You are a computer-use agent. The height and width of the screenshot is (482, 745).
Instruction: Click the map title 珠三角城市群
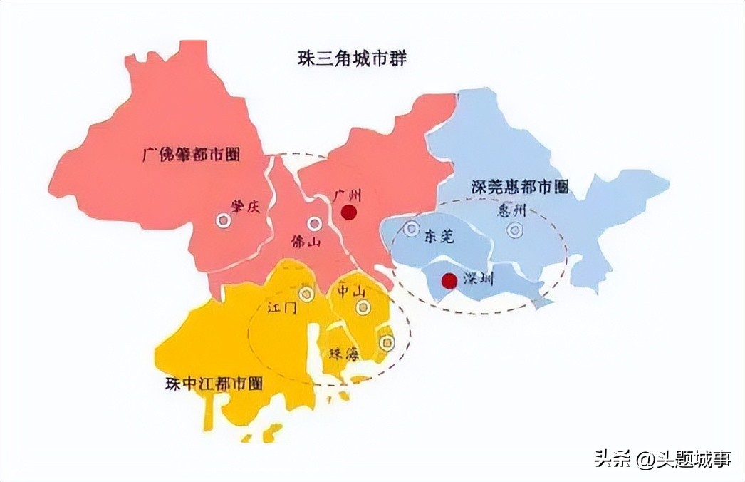coord(352,59)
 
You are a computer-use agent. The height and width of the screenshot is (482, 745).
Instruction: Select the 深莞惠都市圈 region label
coord(520,188)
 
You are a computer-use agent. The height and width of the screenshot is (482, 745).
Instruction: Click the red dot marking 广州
coord(348,212)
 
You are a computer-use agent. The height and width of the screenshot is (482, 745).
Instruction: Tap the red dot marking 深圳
coord(449,281)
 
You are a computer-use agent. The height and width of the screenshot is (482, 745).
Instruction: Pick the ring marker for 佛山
coord(314,223)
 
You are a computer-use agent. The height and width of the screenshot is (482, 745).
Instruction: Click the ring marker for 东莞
coord(411,229)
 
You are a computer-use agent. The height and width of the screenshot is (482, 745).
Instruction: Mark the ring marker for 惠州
coord(514,230)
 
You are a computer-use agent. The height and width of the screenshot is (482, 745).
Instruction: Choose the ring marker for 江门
coord(306,294)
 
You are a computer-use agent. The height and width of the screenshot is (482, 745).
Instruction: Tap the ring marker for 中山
coord(363,307)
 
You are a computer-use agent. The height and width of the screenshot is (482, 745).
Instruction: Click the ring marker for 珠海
coord(387,343)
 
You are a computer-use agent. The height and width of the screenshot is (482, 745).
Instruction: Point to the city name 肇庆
coord(242,205)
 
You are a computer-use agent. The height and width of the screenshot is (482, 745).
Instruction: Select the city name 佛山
coord(306,242)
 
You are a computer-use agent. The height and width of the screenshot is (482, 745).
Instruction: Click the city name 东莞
coord(439,237)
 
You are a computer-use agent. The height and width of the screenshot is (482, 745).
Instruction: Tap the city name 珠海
coord(344,353)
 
